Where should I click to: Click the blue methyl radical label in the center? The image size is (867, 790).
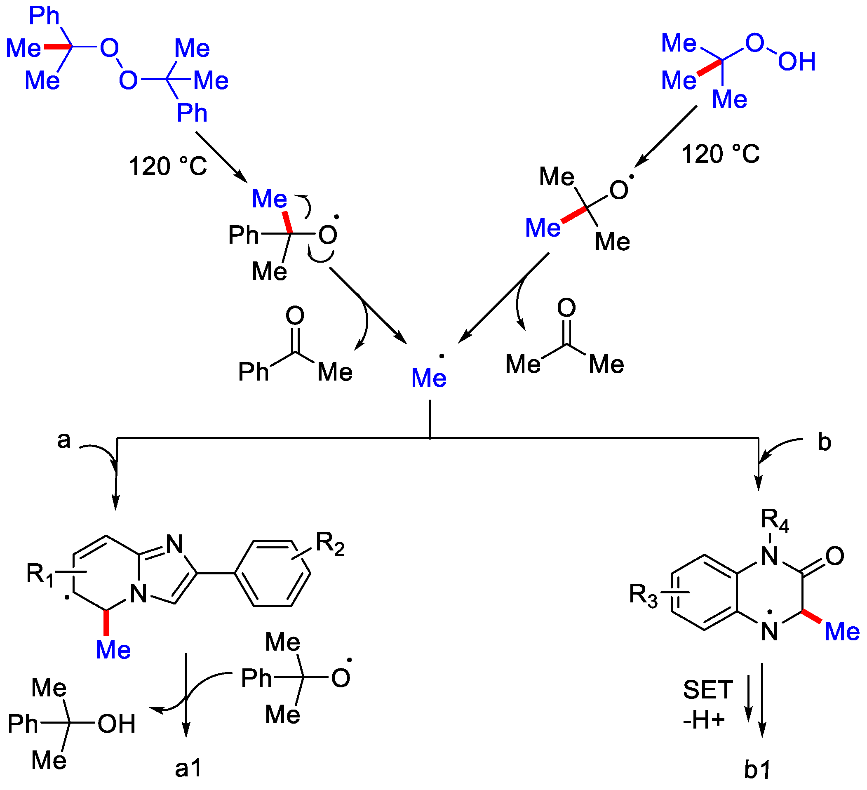pyautogui.click(x=429, y=378)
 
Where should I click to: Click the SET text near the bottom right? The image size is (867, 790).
pyautogui.click(x=707, y=690)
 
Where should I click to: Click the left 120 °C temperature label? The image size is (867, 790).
pyautogui.click(x=168, y=166)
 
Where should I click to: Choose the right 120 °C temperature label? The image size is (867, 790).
pyautogui.click(x=720, y=153)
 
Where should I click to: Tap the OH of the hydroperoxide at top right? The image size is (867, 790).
pyautogui.click(x=797, y=61)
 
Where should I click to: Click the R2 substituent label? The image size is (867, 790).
pyautogui.click(x=330, y=543)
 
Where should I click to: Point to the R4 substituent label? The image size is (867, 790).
pyautogui.click(x=775, y=520)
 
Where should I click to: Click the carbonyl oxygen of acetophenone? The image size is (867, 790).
pyautogui.click(x=295, y=316)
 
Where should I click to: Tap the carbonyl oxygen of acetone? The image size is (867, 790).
pyautogui.click(x=566, y=308)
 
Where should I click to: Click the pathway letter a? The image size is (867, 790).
pyautogui.click(x=63, y=440)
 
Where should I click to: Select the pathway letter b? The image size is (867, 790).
pyautogui.click(x=824, y=442)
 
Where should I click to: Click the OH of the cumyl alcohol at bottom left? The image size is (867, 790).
pyautogui.click(x=117, y=724)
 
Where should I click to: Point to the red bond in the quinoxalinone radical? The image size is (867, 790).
pyautogui.click(x=812, y=616)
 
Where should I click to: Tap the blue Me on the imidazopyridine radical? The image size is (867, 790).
pyautogui.click(x=113, y=649)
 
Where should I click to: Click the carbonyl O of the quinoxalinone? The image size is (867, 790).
pyautogui.click(x=835, y=556)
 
